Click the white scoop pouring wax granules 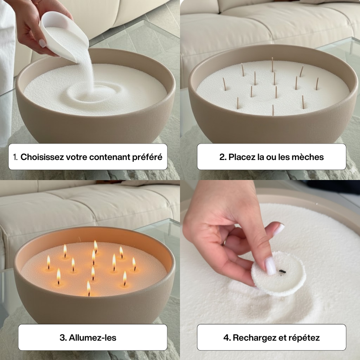[65, 33]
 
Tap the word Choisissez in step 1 [42, 157]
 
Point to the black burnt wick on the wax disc [282, 271]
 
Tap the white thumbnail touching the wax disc [270, 266]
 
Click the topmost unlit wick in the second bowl [272, 64]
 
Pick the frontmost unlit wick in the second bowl [273, 110]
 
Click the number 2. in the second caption [223, 157]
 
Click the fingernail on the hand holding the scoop [42, 43]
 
